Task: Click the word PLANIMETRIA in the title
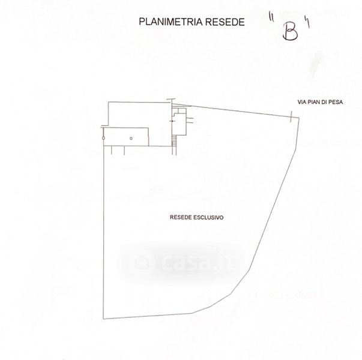click(x=166, y=22)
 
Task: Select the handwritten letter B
click(x=290, y=32)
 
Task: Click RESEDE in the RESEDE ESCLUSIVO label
click(x=181, y=218)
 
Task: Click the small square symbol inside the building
click(x=131, y=138)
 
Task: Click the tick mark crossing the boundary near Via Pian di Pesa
click(x=291, y=118)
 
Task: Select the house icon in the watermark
click(x=142, y=262)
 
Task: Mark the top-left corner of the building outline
click(x=109, y=103)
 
